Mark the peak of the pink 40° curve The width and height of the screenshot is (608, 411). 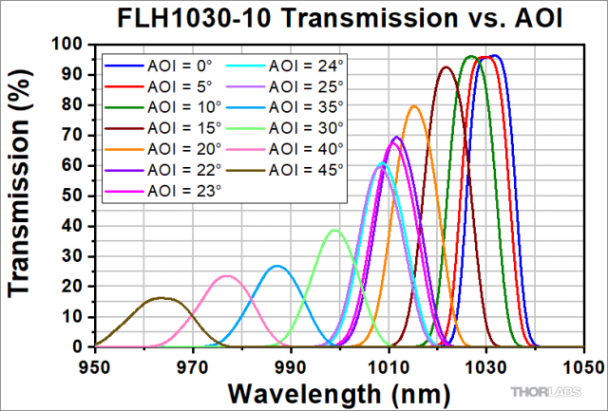(227, 276)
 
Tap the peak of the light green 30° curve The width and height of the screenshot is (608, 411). (334, 230)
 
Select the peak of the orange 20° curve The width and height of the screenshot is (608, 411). (413, 106)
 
